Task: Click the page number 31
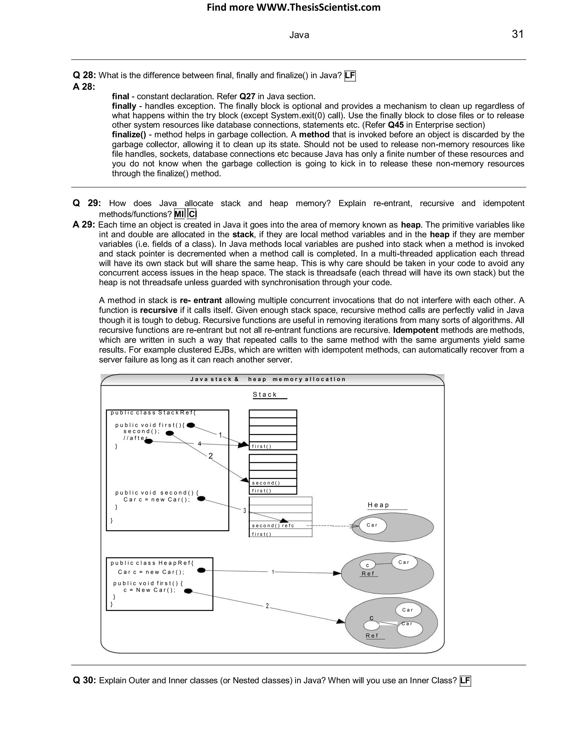[517, 34]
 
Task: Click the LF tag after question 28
[350, 76]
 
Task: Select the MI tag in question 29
[179, 214]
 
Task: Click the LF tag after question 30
[465, 680]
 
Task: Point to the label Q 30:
[84, 680]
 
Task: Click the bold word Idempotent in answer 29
[415, 330]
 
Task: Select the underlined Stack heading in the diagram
[265, 395]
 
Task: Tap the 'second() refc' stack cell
[273, 525]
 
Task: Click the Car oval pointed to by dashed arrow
[372, 525]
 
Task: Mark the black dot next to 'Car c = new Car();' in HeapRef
[201, 571]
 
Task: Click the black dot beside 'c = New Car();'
[188, 591]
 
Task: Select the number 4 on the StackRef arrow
[200, 444]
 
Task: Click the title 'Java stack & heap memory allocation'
[268, 379]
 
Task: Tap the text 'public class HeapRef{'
[152, 563]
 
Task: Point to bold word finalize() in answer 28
[129, 135]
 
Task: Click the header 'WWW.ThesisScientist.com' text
[318, 8]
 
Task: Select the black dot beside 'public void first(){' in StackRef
[191, 425]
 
